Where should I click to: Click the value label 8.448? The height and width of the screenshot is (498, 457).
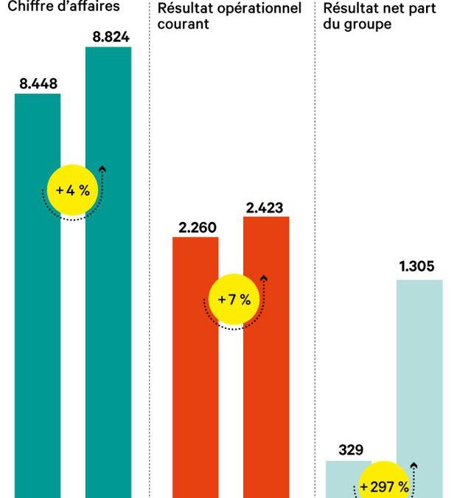tap(38, 83)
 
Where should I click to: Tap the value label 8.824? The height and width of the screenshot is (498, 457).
tap(108, 36)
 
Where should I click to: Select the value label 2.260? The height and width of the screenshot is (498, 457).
tap(197, 226)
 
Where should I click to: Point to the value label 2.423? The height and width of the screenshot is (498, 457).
tap(265, 207)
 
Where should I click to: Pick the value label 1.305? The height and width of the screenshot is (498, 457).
tap(417, 266)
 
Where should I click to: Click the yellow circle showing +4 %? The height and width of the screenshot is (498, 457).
tap(72, 190)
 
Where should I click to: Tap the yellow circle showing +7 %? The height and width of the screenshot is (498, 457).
tap(234, 300)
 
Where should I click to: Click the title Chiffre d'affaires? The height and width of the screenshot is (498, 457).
tap(63, 7)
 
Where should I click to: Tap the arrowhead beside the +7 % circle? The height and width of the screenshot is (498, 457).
tap(264, 279)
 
